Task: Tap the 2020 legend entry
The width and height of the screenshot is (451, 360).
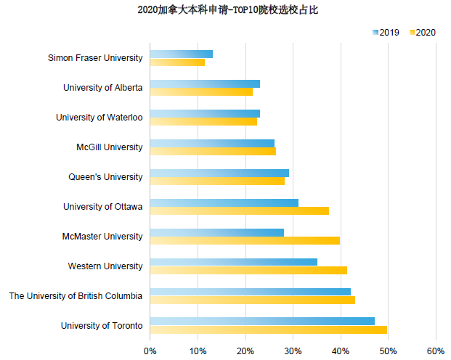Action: (x=423, y=32)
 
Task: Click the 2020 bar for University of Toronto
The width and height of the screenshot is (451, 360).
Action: (x=268, y=330)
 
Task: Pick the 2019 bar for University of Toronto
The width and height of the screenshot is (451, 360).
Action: (x=262, y=321)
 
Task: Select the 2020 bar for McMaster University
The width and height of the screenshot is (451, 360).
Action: (x=245, y=240)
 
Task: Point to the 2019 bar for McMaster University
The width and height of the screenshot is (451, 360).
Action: (x=216, y=232)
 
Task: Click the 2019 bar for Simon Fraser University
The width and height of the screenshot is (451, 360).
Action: (x=181, y=54)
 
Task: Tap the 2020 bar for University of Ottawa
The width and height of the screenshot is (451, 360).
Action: (x=239, y=210)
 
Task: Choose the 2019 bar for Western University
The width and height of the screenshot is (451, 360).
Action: (x=233, y=261)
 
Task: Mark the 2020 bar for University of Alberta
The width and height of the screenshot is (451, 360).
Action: (x=201, y=91)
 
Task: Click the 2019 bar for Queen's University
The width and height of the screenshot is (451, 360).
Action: (x=219, y=173)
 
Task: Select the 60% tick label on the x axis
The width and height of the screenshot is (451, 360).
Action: (x=436, y=351)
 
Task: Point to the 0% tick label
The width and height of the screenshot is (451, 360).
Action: (x=150, y=351)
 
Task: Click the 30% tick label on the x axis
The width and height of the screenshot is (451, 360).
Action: (x=293, y=351)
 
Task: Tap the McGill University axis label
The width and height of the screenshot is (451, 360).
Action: (x=109, y=147)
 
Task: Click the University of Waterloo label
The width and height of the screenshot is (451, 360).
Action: (x=99, y=118)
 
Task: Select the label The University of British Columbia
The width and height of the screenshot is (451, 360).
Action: (x=76, y=295)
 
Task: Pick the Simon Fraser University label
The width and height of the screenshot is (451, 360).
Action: (x=95, y=58)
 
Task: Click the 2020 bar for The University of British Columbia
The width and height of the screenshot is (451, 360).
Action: (x=252, y=300)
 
